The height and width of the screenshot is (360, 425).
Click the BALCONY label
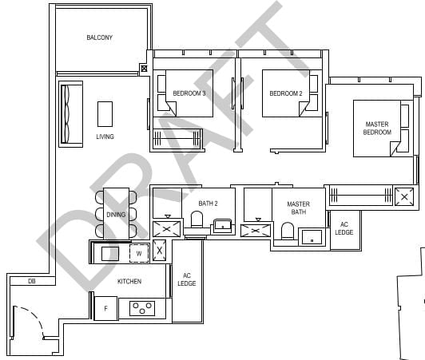(x=100, y=38)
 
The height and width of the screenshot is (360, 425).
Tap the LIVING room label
(x=105, y=136)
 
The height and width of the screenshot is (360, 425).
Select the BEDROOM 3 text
(x=189, y=93)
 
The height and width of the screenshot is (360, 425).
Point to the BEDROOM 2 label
(x=285, y=93)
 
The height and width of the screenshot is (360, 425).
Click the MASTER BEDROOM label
(x=377, y=128)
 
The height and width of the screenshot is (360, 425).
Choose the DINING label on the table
(x=116, y=214)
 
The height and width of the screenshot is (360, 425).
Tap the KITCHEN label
(x=129, y=281)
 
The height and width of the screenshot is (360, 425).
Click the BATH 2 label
(x=209, y=204)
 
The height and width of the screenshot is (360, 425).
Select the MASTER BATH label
(x=298, y=208)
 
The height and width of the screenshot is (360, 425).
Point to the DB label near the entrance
(x=31, y=281)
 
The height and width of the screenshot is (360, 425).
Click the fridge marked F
(x=105, y=308)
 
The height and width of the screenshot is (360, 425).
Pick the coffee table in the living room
(x=105, y=113)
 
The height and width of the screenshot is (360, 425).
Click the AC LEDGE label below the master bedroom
(x=344, y=228)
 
